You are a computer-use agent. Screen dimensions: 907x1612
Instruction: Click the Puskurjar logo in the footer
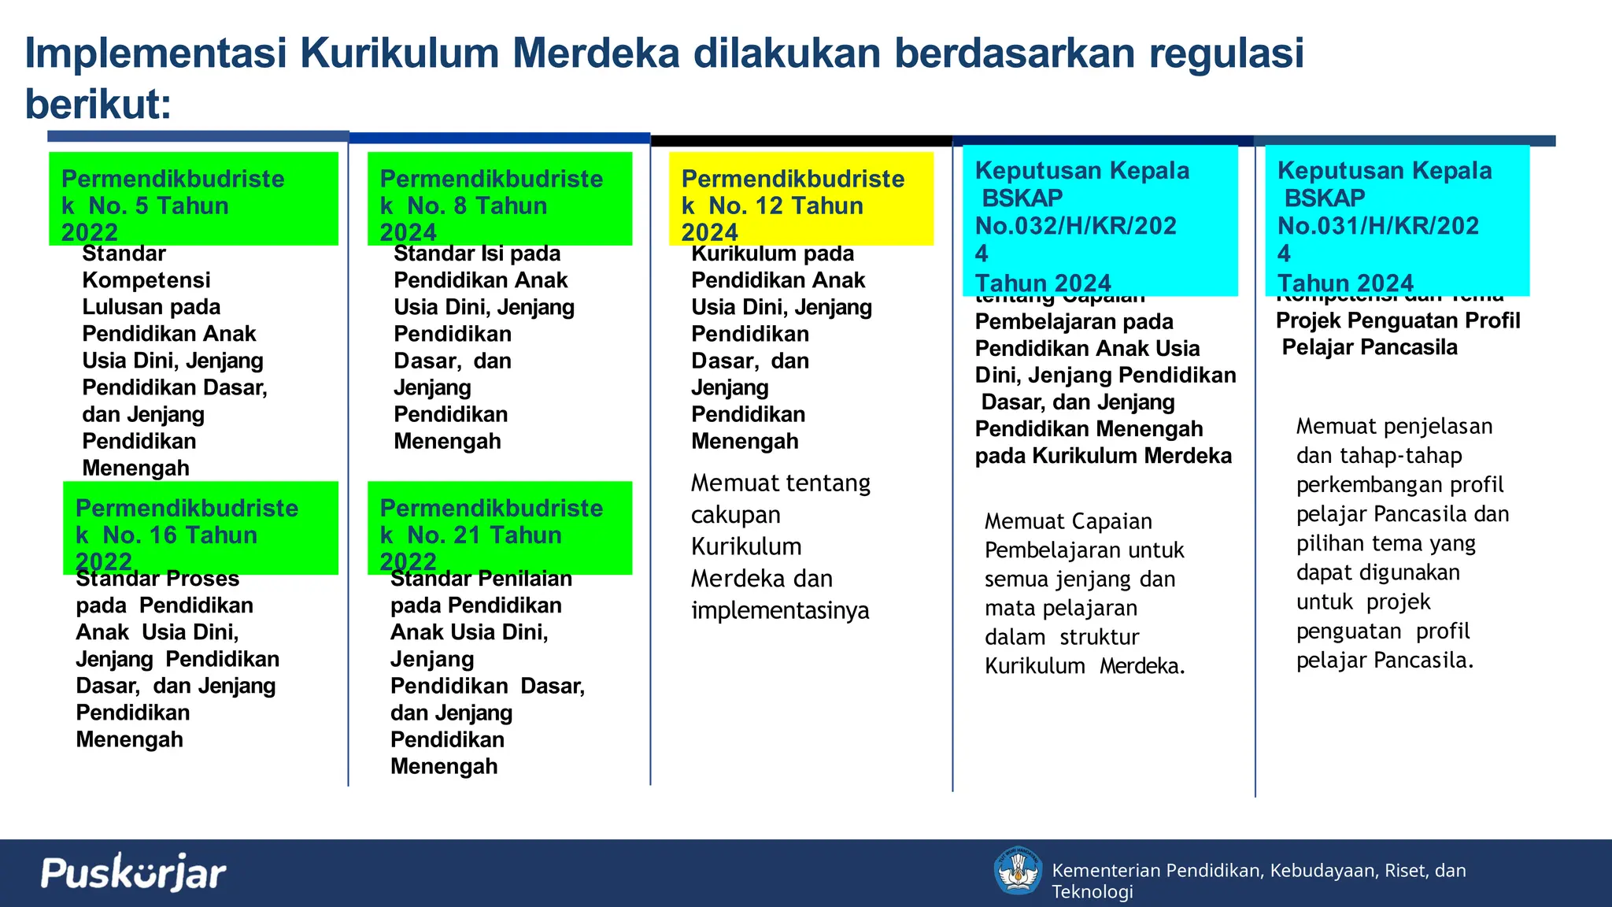(133, 872)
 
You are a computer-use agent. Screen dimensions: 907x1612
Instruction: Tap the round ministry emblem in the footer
(1018, 871)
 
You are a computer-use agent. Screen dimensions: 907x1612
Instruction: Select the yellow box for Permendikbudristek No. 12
(800, 198)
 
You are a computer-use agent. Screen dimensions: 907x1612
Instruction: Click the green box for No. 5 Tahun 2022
(194, 198)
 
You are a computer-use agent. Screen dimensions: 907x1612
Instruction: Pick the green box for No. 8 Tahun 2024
(500, 198)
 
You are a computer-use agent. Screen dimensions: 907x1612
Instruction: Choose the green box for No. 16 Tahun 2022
(201, 528)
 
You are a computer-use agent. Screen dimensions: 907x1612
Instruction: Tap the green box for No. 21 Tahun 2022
(500, 528)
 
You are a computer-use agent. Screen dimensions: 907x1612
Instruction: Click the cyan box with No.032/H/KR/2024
(1100, 220)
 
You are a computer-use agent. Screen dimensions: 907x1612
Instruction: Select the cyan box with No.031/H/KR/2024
(1397, 220)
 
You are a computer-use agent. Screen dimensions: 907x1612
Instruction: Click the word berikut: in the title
(98, 104)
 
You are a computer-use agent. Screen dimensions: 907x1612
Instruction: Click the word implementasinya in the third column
(780, 610)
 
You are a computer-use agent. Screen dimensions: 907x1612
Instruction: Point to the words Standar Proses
(157, 579)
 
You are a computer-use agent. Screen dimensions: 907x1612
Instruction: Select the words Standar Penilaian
(481, 579)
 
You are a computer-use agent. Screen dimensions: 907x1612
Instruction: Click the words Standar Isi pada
(477, 254)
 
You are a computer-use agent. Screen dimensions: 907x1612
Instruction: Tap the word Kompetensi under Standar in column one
(146, 280)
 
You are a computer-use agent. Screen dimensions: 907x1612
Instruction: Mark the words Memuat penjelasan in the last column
(1394, 427)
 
